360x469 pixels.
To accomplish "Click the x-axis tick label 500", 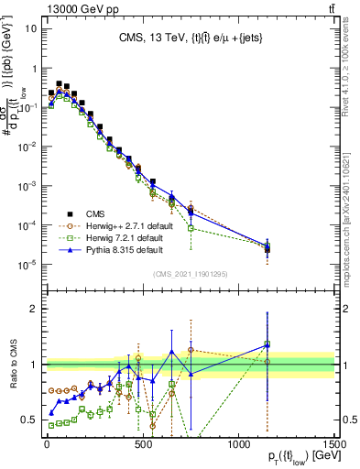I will click(x=142, y=444).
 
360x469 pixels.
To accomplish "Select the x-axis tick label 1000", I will click(x=238, y=444).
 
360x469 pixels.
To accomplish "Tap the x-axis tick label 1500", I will click(x=334, y=444).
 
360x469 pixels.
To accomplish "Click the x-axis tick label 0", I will click(x=46, y=444).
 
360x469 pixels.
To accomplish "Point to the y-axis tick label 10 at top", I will click(x=30, y=27).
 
